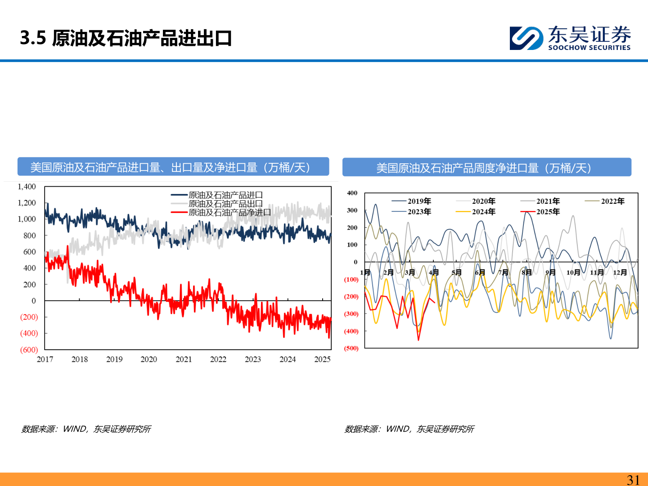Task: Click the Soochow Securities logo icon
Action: (x=526, y=38)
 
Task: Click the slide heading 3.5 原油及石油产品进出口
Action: (x=126, y=38)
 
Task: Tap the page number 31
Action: (x=633, y=480)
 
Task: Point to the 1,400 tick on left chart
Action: (x=27, y=187)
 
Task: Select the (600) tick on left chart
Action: (x=29, y=350)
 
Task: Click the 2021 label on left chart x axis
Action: (x=184, y=359)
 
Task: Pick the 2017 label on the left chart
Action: (x=45, y=359)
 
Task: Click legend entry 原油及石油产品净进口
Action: (x=229, y=212)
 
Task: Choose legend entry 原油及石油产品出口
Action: (x=225, y=204)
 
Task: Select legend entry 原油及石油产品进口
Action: (x=225, y=195)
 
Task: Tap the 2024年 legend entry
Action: (x=483, y=211)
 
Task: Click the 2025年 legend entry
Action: (x=548, y=211)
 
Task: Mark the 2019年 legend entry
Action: (x=419, y=201)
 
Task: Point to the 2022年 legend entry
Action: (x=612, y=201)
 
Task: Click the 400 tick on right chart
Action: (x=352, y=193)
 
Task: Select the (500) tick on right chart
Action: (x=351, y=348)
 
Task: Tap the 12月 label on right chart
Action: (x=620, y=272)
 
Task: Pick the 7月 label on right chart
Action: (x=503, y=272)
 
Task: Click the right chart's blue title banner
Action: (x=486, y=167)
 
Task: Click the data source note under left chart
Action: (x=86, y=429)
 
